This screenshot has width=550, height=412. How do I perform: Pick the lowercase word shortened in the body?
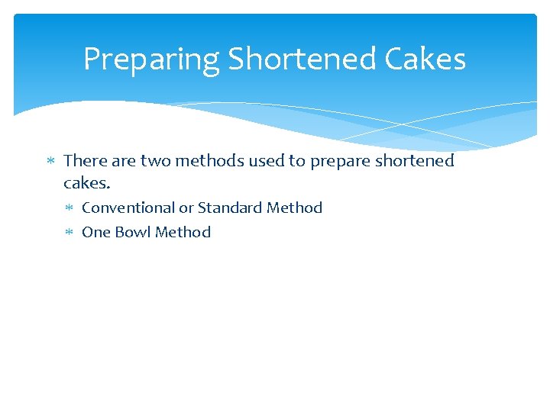[x=413, y=161]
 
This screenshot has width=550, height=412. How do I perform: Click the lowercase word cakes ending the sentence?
[x=87, y=184]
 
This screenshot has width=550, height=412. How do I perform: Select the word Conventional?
[x=128, y=208]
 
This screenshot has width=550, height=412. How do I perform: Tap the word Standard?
[x=230, y=208]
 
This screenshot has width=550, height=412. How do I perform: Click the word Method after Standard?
[x=294, y=208]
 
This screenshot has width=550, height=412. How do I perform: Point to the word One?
[x=96, y=232]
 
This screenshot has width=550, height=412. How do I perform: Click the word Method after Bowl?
[x=183, y=232]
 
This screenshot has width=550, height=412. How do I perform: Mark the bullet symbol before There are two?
[x=50, y=162]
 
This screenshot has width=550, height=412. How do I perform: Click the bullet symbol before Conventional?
[x=68, y=208]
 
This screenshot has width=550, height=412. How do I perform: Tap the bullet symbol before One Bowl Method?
[x=68, y=233]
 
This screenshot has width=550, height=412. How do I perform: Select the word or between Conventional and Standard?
[x=186, y=208]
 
